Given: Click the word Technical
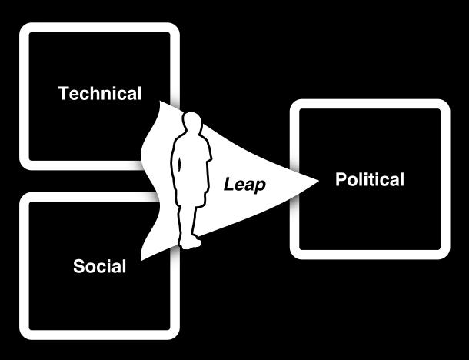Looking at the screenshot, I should (x=100, y=94).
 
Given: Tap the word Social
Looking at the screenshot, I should (x=99, y=267).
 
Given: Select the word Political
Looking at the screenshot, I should (x=369, y=180).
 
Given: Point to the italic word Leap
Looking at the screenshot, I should (x=244, y=185).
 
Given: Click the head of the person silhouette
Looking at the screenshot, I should (x=193, y=124).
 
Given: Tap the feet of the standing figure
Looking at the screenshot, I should (x=190, y=243).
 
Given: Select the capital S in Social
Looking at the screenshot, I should (x=78, y=267).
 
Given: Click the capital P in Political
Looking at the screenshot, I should (x=340, y=180).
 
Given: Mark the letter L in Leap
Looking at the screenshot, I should (x=228, y=185).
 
